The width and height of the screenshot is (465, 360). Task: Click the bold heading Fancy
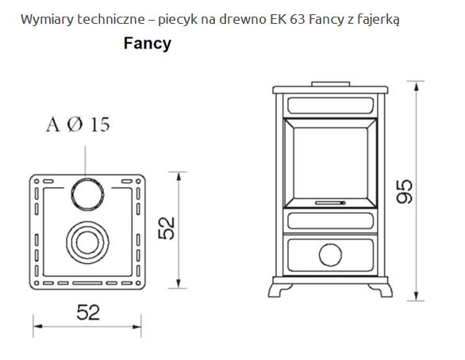pos(148,44)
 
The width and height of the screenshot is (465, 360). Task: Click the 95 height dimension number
pos(405,191)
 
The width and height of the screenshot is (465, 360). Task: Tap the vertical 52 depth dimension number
pos(167,228)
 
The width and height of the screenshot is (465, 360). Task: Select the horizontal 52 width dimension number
pos(88,312)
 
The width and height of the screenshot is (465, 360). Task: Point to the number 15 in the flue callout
pos(100,124)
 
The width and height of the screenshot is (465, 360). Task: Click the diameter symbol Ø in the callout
pos(75,124)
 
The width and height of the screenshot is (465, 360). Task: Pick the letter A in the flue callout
pos(53,124)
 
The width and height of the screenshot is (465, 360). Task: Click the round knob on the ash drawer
pos(330,255)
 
